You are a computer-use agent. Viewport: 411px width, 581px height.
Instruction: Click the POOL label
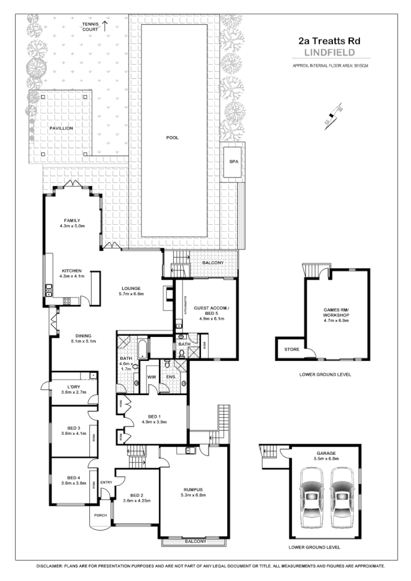pyautogui.click(x=172, y=138)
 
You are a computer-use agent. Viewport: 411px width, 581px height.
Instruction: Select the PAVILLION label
pyautogui.click(x=61, y=127)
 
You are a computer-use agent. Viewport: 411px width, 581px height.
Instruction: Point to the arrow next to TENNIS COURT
pyautogui.click(x=106, y=25)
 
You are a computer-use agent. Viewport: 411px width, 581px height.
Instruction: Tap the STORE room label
pyautogui.click(x=292, y=350)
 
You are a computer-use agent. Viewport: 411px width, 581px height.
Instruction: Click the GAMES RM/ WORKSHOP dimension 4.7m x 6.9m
pyautogui.click(x=336, y=321)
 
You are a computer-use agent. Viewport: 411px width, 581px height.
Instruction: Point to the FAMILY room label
pyautogui.click(x=72, y=220)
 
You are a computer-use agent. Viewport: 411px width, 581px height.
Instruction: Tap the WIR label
pyautogui.click(x=151, y=376)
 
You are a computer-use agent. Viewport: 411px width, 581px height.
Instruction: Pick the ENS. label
pyautogui.click(x=171, y=376)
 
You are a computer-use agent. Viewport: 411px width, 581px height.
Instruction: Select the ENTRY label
pyautogui.click(x=106, y=482)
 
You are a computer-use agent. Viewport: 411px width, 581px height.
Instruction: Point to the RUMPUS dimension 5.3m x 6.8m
pyautogui.click(x=193, y=495)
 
